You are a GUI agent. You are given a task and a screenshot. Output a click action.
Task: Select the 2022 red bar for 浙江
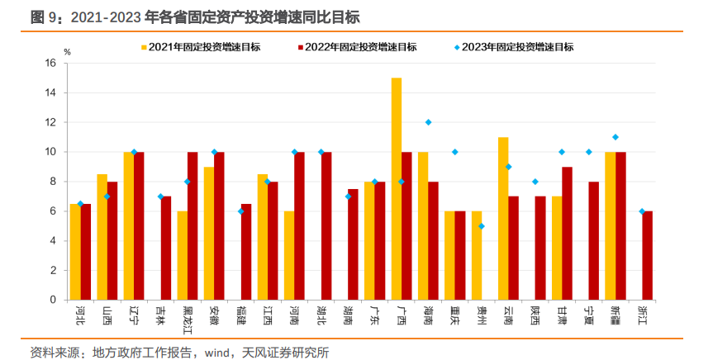click(x=649, y=255)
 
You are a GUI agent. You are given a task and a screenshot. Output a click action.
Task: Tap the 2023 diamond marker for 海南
click(x=428, y=122)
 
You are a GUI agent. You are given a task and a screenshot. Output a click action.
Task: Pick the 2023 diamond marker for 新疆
click(x=616, y=137)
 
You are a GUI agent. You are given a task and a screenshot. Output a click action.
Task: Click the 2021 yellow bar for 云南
click(x=503, y=218)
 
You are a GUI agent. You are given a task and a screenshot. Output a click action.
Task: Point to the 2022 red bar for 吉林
click(x=166, y=248)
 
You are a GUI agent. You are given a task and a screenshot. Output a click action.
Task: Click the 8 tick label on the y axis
click(x=52, y=182)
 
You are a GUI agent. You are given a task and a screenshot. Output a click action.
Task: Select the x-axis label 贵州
click(x=482, y=315)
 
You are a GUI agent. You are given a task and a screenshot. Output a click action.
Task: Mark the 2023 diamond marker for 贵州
click(x=482, y=226)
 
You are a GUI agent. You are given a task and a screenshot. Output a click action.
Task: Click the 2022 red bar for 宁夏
click(x=593, y=240)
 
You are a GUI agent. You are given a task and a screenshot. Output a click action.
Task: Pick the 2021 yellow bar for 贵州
click(x=477, y=255)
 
